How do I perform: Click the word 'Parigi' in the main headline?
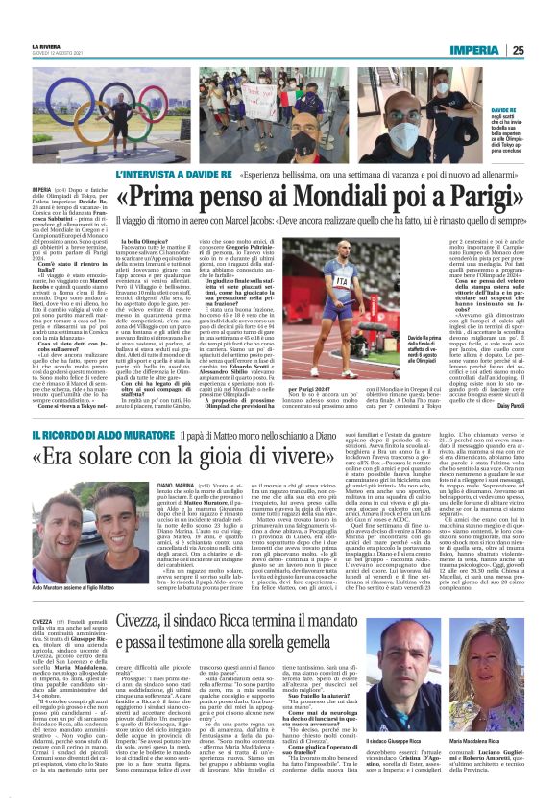click(457, 203)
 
